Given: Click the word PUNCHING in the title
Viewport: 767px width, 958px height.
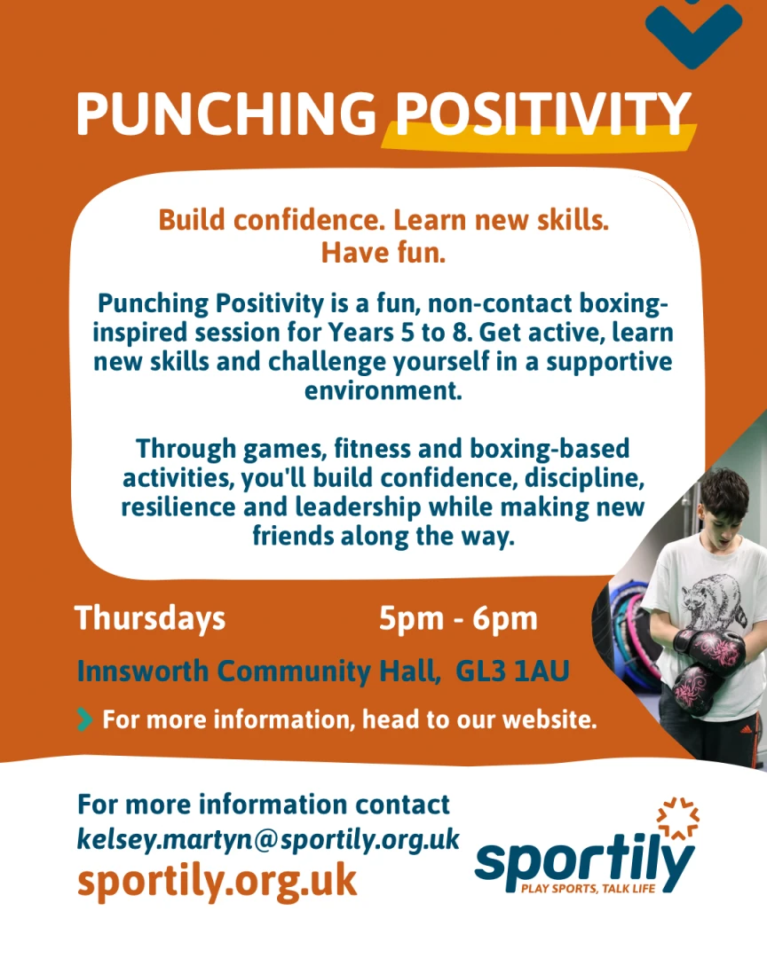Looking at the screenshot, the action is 226,114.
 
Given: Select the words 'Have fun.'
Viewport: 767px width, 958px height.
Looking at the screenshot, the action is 383,252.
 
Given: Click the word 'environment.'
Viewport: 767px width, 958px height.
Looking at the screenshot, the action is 383,391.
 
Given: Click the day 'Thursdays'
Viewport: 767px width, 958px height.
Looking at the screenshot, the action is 150,618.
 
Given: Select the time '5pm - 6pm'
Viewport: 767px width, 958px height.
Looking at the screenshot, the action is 458,619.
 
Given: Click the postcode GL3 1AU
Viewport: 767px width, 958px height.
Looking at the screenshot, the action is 512,671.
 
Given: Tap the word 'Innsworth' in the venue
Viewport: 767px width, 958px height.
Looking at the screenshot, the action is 143,671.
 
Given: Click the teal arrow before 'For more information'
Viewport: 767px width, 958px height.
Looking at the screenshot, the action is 85,719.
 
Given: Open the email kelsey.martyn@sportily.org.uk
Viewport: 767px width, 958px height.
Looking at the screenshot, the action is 268,839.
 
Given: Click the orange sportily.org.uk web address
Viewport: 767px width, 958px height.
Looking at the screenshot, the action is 217,881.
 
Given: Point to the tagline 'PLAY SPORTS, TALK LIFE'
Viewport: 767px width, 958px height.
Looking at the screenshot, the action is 588,888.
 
